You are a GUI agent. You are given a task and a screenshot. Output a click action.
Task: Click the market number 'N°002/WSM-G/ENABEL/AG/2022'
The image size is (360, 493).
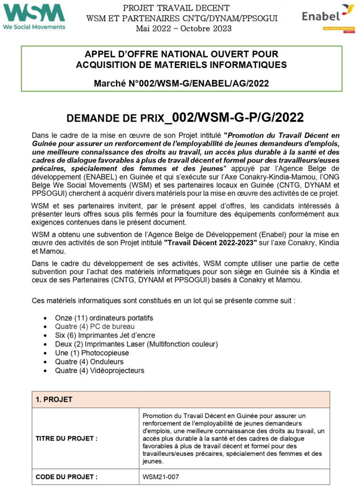pos(203,84)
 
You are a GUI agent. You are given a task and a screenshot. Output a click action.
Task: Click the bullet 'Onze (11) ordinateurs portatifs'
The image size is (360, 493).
pos(104,318)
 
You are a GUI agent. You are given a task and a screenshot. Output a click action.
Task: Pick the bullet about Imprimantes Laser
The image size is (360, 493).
pos(136,344)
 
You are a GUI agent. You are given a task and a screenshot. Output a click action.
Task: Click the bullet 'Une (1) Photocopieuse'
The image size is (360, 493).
pos(92,353)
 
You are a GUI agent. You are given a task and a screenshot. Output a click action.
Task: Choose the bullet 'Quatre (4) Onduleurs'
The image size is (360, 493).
pos(89,362)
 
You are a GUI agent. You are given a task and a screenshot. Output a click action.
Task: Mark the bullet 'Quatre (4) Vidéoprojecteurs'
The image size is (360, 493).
pos(99,370)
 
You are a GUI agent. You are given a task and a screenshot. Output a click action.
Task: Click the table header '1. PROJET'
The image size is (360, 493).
pos(54,400)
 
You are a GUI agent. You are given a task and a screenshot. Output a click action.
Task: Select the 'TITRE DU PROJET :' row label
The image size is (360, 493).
pos(67,439)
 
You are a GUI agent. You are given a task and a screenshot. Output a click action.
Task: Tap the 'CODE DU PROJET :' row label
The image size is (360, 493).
pos(67,477)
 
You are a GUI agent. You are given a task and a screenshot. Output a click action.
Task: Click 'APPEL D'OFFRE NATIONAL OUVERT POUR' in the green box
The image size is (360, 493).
pos(181,54)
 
